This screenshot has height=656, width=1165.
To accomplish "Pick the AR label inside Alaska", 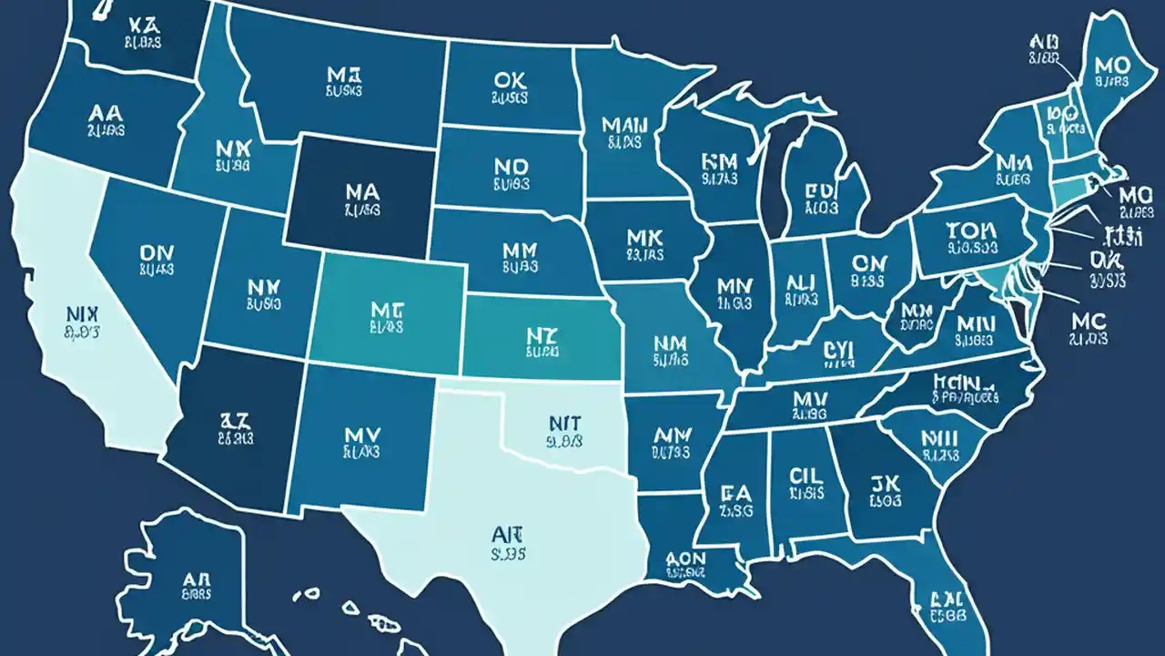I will (x=198, y=580).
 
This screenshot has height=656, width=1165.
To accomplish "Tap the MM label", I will (x=521, y=248).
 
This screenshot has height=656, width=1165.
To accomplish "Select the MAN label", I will (x=622, y=124).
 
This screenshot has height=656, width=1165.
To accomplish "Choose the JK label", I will (x=885, y=482).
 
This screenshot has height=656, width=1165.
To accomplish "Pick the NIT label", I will (x=566, y=423).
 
